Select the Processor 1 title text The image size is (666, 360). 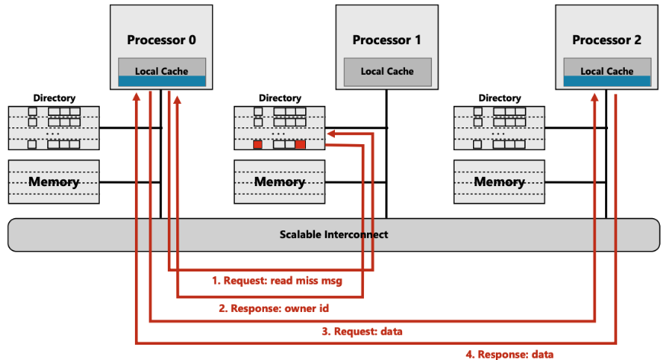[387, 40]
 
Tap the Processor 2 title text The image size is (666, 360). [606, 40]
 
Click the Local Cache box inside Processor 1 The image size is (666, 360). [387, 71]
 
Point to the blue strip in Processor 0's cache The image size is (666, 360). [162, 81]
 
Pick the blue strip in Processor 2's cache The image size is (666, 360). [606, 81]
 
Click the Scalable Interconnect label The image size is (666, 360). [333, 234]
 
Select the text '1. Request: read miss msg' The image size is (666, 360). [277, 281]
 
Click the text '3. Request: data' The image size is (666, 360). [363, 331]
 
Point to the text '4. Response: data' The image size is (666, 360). [510, 354]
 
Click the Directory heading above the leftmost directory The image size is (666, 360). [54, 98]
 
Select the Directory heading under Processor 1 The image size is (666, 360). [280, 98]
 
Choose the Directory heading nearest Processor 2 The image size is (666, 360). [500, 98]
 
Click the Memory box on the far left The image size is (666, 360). [54, 182]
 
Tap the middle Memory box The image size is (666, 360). [280, 182]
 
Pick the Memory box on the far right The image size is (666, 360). [500, 182]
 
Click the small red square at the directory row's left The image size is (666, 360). [258, 144]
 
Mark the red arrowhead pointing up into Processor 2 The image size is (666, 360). [595, 97]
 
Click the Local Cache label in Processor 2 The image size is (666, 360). [606, 71]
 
